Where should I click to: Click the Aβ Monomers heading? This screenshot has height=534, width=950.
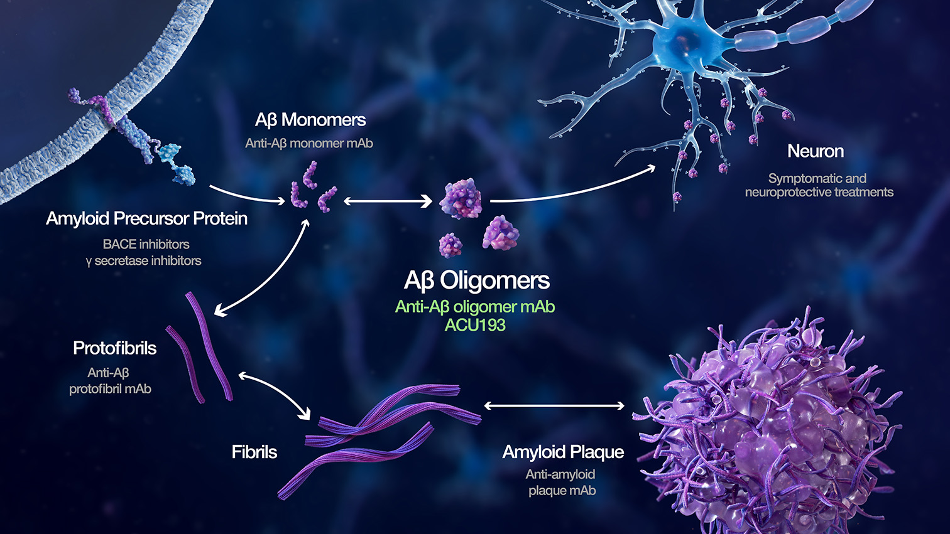310,120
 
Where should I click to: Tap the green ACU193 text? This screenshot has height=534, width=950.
475,325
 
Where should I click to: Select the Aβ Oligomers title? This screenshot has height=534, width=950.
477,280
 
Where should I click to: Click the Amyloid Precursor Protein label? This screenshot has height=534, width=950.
147,218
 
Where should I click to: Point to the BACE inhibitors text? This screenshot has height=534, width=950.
146,244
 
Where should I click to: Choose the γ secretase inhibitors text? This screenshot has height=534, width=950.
143,261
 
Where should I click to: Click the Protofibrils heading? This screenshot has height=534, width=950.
114,348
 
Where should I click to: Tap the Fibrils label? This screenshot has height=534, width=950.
254,452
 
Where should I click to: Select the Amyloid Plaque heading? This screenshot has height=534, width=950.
563,452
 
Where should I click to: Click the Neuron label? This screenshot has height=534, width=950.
816,151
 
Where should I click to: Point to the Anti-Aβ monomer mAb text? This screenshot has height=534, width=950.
309,144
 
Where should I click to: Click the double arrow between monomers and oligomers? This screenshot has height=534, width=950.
388,201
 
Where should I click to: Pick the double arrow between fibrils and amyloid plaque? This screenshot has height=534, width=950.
554,406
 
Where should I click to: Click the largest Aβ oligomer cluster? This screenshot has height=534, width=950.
461,199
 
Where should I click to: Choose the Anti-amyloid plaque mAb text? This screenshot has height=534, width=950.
561,483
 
